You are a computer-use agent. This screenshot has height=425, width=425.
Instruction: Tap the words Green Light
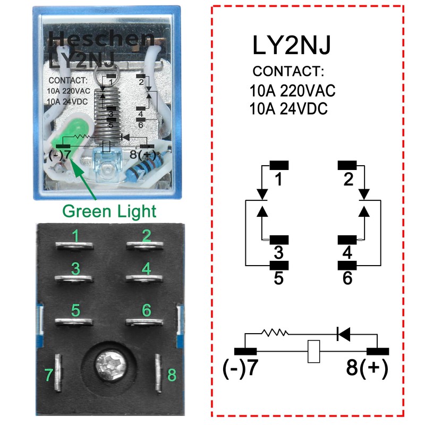(x=109, y=211)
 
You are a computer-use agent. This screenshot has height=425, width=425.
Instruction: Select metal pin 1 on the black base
(x=74, y=246)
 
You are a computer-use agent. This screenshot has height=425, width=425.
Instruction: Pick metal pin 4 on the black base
(x=144, y=278)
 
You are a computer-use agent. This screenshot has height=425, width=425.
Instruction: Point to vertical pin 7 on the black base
(x=58, y=372)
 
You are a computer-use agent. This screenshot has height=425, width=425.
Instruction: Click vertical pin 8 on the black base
(x=158, y=373)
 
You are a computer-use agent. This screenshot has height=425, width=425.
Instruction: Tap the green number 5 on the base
(x=75, y=310)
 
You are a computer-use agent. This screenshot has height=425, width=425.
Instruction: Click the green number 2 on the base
(x=147, y=236)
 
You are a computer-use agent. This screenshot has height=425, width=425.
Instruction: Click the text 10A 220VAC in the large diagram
(x=292, y=90)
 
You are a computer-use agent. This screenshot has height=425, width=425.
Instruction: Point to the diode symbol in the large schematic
(x=343, y=334)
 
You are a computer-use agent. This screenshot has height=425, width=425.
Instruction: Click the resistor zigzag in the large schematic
(x=275, y=333)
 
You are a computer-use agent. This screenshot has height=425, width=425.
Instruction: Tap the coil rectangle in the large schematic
(x=313, y=351)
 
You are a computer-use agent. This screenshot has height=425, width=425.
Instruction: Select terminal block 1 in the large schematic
(x=279, y=165)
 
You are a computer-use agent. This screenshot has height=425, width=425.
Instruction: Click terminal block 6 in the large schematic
(x=347, y=265)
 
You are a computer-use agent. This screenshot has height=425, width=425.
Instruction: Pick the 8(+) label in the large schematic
(x=367, y=368)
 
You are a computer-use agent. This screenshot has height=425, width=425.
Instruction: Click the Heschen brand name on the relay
(x=101, y=39)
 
